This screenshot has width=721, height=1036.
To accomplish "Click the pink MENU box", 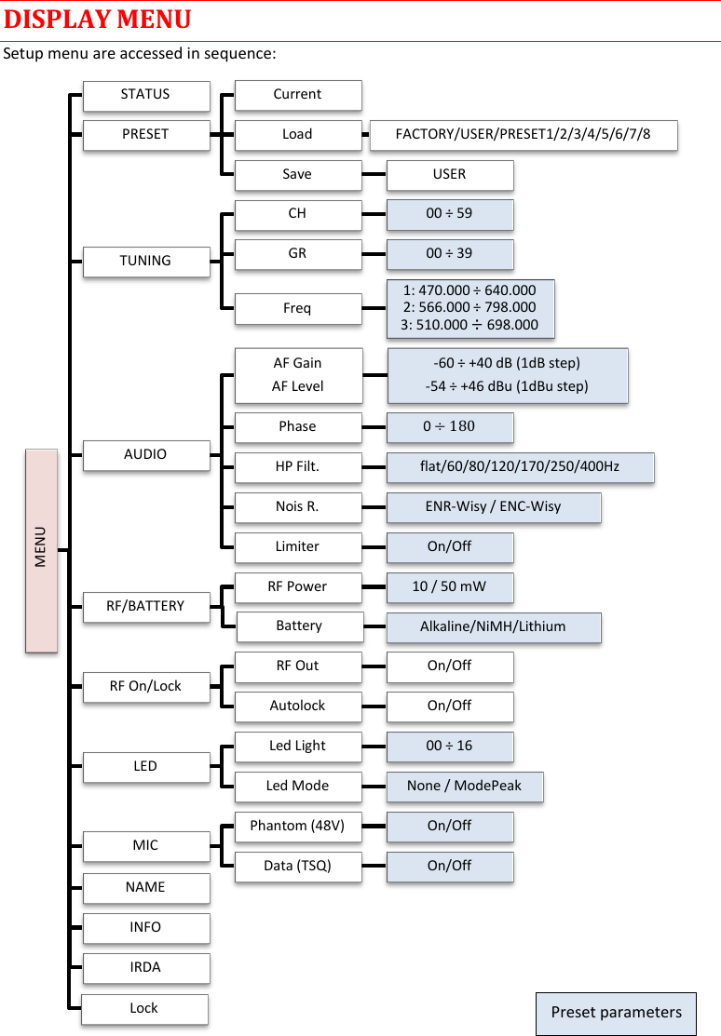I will [41, 550].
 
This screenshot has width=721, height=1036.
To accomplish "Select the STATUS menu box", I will [145, 95].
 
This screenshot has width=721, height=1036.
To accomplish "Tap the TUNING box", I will [145, 261].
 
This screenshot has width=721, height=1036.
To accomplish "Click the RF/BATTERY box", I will [145, 606].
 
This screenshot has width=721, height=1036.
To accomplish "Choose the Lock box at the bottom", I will [144, 1008].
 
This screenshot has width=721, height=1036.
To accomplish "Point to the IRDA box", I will [145, 967].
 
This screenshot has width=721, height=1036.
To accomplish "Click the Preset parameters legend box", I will [616, 1013].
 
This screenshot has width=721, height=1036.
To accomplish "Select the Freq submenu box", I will [297, 308].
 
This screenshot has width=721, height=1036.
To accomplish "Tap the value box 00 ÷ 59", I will [449, 214].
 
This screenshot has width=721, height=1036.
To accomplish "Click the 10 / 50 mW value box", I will [449, 587].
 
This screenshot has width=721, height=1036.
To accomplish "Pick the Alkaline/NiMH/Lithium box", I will [493, 626].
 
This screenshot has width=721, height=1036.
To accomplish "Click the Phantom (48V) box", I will [297, 826].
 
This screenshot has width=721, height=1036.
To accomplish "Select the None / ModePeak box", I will [464, 786].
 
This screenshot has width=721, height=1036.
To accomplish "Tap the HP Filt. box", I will [297, 466].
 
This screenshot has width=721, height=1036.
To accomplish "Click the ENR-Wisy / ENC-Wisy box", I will [493, 506].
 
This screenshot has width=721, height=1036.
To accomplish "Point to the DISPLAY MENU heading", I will [98, 20].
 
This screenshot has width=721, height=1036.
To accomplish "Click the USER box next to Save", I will [449, 174].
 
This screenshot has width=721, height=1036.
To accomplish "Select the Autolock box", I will [297, 706].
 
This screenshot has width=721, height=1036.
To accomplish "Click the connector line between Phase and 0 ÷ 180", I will [374, 427].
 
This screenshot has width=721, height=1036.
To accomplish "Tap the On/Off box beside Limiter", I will [449, 546].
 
